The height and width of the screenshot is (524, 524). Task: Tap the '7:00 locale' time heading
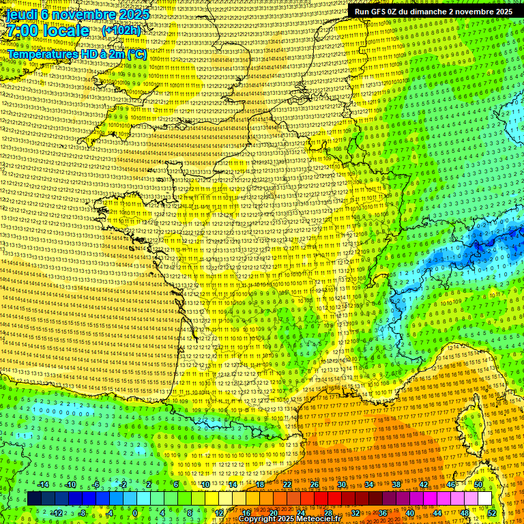(47, 31)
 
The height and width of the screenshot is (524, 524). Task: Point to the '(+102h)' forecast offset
(121, 31)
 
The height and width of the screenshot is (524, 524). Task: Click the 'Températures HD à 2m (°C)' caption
(77, 53)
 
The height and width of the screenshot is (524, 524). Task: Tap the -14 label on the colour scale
(43, 484)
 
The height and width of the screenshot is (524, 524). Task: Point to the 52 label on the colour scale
(492, 513)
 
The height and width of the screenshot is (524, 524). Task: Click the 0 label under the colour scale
(135, 513)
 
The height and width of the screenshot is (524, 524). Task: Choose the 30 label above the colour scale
(341, 484)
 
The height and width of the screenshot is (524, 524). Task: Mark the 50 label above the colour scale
(478, 484)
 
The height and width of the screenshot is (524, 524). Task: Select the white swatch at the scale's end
(484, 499)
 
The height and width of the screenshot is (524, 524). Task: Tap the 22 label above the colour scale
(287, 484)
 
